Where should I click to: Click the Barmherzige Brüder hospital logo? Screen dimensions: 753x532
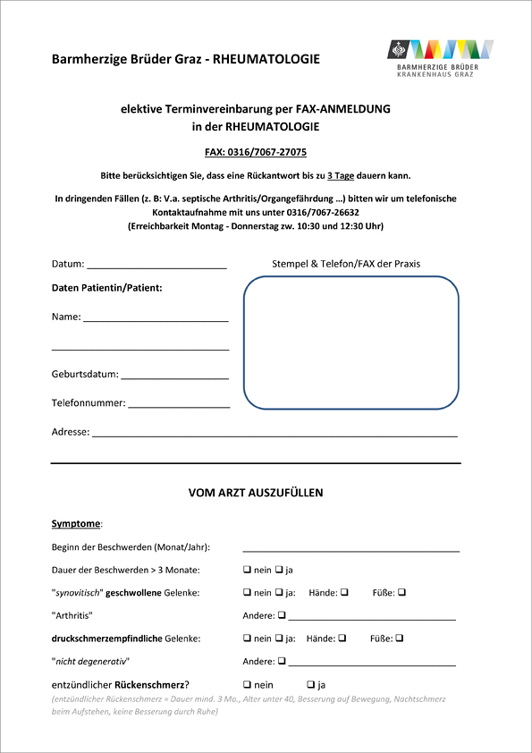click(x=439, y=58)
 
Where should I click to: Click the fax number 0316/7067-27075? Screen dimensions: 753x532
click(x=268, y=152)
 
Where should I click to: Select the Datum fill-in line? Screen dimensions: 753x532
click(x=156, y=266)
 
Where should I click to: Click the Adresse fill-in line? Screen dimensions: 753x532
click(x=274, y=434)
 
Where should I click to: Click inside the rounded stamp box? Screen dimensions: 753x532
click(x=350, y=343)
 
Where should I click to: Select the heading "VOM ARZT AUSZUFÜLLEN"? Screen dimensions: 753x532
click(x=256, y=493)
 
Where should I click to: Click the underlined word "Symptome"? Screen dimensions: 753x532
click(x=76, y=523)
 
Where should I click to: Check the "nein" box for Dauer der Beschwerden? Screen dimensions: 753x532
click(x=248, y=570)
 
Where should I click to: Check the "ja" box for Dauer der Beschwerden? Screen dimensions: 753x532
click(x=279, y=570)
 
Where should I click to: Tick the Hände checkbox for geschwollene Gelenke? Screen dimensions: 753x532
click(x=343, y=592)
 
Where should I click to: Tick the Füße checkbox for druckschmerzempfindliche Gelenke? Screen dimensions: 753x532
click(x=400, y=639)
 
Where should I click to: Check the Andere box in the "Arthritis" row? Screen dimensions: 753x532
click(x=282, y=615)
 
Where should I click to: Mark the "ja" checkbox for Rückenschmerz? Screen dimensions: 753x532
click(x=310, y=685)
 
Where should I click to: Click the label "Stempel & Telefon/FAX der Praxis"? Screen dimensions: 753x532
click(x=345, y=264)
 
